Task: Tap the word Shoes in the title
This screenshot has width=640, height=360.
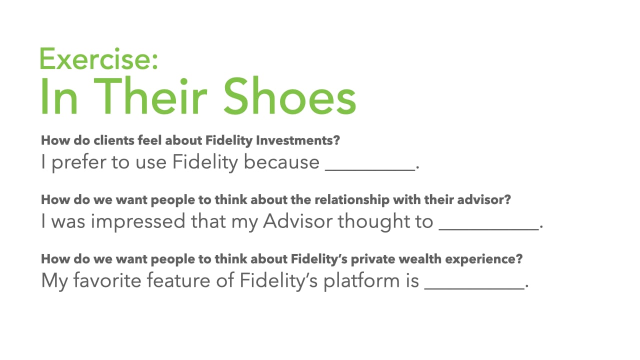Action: (289, 95)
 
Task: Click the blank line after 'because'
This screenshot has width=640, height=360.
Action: (370, 170)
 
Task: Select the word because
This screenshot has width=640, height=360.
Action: (281, 162)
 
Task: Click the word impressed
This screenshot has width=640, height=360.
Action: (138, 221)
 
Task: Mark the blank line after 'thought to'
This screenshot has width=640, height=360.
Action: (489, 229)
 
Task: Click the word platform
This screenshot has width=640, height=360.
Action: (361, 281)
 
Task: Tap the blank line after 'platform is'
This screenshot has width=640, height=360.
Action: (474, 288)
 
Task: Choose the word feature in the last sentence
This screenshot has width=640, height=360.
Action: (178, 280)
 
